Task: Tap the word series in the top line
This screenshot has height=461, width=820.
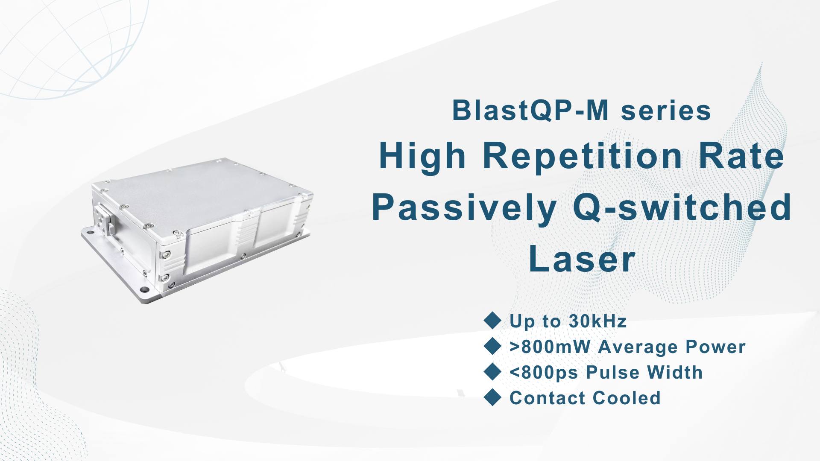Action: click(x=666, y=111)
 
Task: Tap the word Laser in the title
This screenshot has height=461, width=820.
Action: click(x=582, y=259)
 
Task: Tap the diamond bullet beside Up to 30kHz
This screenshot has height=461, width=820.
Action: click(x=492, y=321)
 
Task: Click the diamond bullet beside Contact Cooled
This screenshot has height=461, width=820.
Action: click(x=492, y=397)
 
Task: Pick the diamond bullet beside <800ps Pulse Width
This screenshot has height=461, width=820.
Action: click(x=492, y=372)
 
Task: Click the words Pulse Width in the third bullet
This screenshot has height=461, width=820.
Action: click(x=644, y=372)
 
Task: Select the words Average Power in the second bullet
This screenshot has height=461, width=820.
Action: click(x=672, y=347)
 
